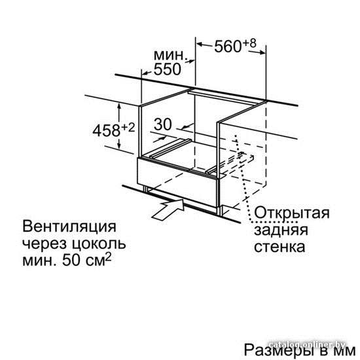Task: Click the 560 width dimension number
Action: coord(228,46)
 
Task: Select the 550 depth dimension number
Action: coord(168,69)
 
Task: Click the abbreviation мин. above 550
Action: coord(170,55)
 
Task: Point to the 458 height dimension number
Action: coord(106,130)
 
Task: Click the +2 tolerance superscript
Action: coord(128,128)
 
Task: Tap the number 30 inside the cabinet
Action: coord(163,124)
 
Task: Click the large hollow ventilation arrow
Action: coord(168,209)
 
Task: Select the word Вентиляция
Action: coord(69,226)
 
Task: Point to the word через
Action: coord(45,245)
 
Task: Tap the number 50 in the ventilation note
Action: coord(71,261)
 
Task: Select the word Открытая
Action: coord(291,213)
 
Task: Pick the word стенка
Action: coord(279,247)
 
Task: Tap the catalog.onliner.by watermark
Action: coord(308,344)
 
